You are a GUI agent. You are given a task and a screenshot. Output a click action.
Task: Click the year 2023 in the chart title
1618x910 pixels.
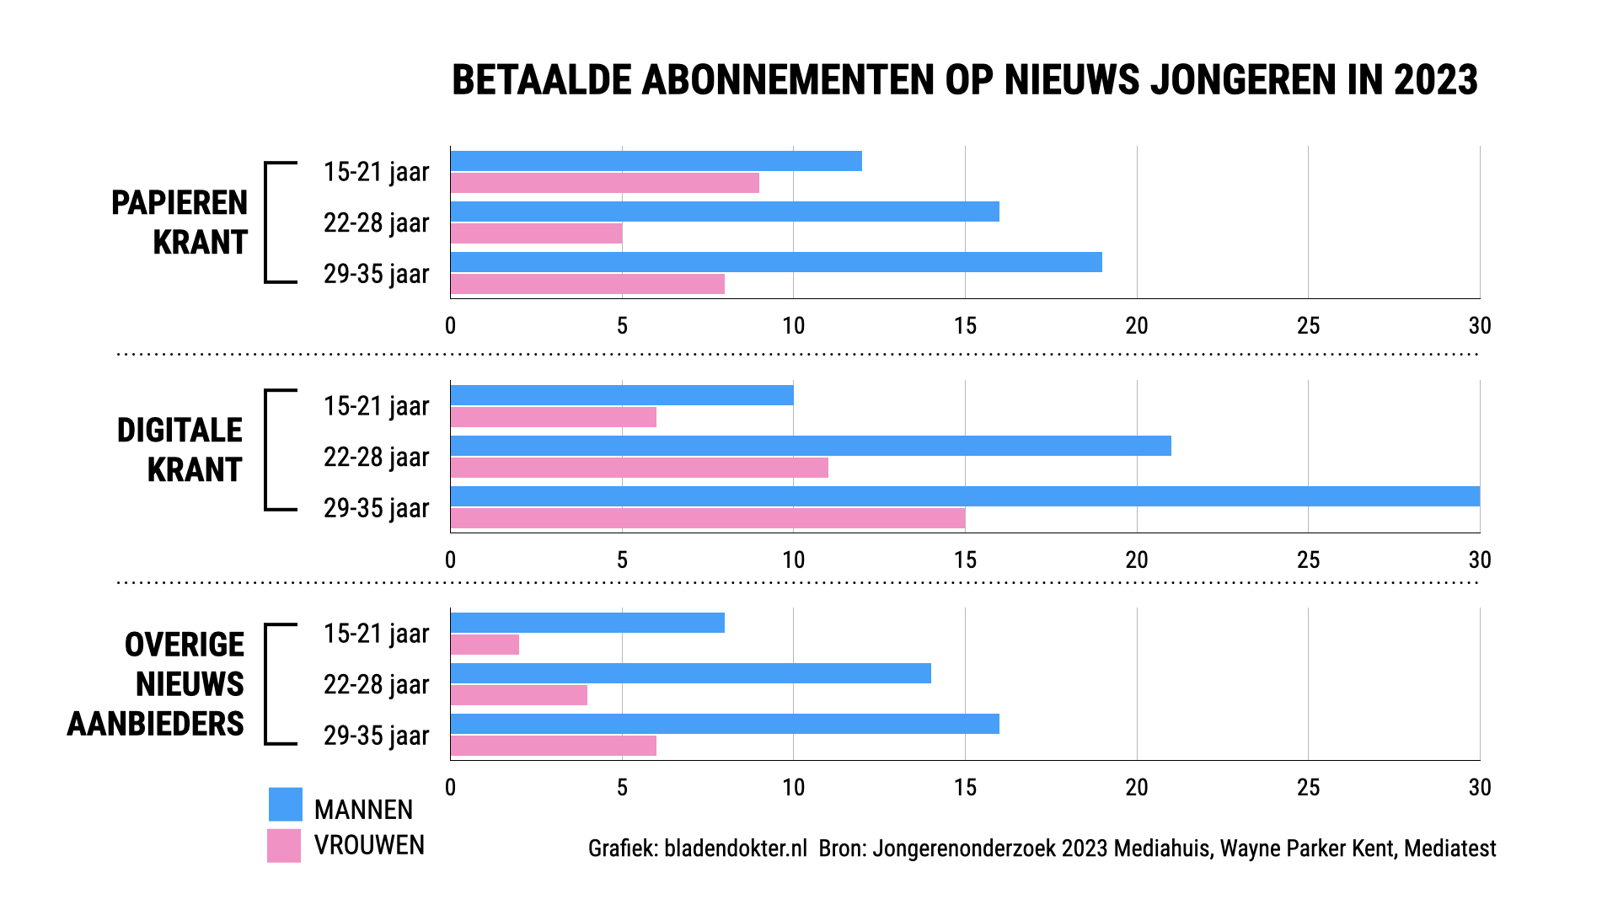(x=1435, y=81)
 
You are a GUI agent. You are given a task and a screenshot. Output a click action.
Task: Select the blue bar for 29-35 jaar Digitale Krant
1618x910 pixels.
(x=965, y=496)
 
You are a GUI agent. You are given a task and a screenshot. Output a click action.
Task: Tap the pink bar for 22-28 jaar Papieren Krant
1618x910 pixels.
(x=536, y=233)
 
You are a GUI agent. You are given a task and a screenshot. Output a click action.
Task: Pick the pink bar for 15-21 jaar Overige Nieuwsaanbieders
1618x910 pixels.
(x=485, y=645)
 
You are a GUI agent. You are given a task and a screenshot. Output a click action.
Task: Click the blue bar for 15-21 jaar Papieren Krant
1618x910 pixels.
(x=656, y=161)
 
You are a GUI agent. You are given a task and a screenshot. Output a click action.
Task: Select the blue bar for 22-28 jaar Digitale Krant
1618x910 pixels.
(x=811, y=446)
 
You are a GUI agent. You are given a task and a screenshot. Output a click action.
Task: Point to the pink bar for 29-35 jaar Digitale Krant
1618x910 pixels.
(x=708, y=518)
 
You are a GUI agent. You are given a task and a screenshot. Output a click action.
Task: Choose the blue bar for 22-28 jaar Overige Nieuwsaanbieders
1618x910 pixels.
(x=691, y=673)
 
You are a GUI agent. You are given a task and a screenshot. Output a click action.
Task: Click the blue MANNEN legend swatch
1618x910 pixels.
(x=285, y=805)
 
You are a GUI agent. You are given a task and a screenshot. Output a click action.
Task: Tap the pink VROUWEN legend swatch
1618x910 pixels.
(x=284, y=845)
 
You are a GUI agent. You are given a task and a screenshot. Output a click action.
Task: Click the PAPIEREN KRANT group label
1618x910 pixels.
(x=179, y=222)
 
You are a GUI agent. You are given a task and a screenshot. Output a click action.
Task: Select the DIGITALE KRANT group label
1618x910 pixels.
(x=179, y=450)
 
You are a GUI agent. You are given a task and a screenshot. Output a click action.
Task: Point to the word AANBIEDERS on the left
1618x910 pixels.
(x=156, y=724)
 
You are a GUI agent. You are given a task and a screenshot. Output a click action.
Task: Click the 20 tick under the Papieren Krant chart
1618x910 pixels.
(x=1137, y=326)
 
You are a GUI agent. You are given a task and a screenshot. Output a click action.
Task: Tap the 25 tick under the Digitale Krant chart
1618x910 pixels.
(x=1308, y=560)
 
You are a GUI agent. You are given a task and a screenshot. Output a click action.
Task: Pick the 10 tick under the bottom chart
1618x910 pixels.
(x=793, y=788)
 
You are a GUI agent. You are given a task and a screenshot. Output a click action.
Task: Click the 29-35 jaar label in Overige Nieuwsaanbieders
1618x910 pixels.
(x=376, y=736)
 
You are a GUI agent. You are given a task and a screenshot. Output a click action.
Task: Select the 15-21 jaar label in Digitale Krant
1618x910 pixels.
(x=376, y=406)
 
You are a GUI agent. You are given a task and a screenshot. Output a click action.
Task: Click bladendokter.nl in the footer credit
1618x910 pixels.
(x=735, y=848)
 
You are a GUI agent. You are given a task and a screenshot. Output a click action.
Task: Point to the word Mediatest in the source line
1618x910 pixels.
(x=1449, y=848)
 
